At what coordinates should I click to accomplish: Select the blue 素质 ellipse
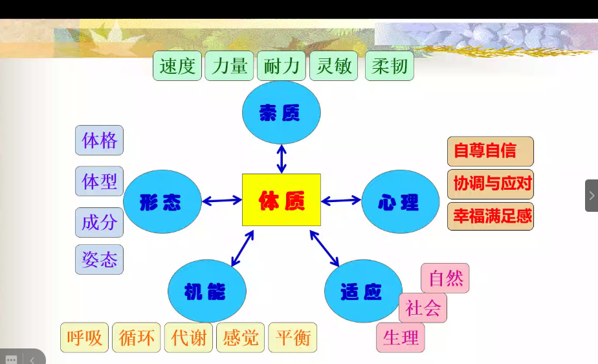(281, 113)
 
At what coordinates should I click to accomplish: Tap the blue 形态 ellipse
(162, 201)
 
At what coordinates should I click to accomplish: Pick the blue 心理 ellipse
(400, 201)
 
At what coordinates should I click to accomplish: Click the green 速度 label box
(177, 66)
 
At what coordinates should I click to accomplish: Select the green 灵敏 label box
(334, 66)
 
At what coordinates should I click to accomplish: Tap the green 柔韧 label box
(389, 66)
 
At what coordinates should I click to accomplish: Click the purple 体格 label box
(99, 141)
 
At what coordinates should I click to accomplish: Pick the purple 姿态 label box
(99, 260)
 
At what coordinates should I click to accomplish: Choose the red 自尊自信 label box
(490, 151)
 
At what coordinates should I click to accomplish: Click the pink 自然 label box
(445, 279)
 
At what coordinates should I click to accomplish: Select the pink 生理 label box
(401, 337)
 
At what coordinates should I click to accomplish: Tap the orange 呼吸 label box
(85, 337)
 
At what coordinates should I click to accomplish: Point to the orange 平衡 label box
(293, 337)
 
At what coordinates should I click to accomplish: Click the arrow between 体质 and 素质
(282, 159)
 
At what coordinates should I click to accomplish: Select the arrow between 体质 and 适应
(324, 248)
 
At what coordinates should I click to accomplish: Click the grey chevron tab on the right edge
(592, 196)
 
